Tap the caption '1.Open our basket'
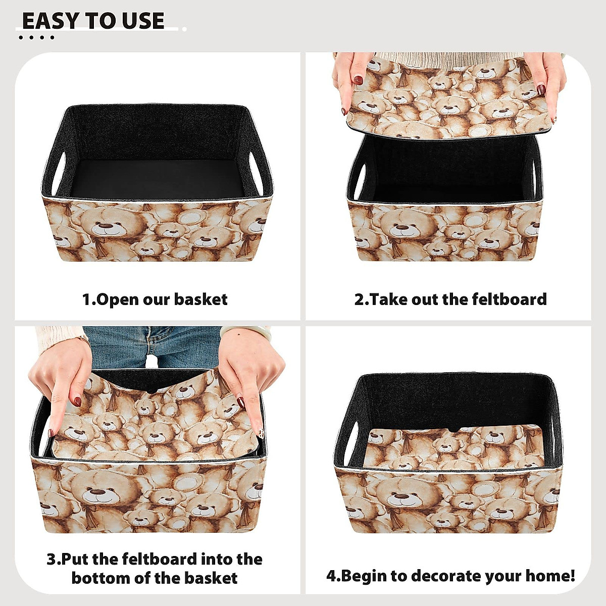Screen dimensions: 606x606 click(155, 299)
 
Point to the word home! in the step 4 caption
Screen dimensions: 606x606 click(550, 576)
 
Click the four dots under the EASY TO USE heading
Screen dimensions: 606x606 click(36, 37)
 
